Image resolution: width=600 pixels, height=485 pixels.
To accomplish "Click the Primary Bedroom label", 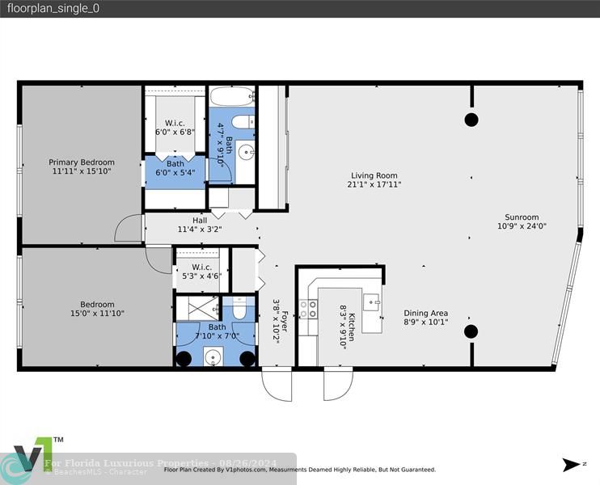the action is click(x=82, y=162).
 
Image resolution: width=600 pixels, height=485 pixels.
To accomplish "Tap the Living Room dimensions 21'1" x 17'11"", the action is click(x=374, y=184).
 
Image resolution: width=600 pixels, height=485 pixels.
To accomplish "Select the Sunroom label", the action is click(x=522, y=217).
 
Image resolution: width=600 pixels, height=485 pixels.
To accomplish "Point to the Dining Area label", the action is click(x=426, y=314).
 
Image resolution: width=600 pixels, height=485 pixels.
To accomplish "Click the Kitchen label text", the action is click(x=352, y=327).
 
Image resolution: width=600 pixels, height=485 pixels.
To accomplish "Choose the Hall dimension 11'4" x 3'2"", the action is click(x=200, y=230).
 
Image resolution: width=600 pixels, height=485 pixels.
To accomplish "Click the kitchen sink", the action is click(x=372, y=302).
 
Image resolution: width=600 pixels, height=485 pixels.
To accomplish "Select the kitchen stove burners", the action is click(x=308, y=309).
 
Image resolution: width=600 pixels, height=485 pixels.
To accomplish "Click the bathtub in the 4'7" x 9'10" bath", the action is click(x=232, y=96).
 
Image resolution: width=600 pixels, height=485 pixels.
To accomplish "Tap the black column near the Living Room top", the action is click(x=471, y=120).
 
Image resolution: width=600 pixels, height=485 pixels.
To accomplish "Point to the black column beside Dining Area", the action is click(x=471, y=331).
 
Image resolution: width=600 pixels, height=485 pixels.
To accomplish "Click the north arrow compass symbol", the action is click(x=571, y=465).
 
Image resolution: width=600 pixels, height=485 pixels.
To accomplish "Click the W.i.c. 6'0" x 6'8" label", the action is click(x=175, y=128).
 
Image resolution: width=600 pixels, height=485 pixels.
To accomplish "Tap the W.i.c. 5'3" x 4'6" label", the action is click(x=201, y=272).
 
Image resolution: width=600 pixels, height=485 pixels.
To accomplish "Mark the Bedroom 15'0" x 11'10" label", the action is click(x=97, y=309).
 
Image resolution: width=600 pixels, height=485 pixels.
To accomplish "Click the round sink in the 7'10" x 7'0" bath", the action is click(x=213, y=357).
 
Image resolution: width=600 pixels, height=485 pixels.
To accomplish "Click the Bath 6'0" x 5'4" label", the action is click(x=175, y=168).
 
